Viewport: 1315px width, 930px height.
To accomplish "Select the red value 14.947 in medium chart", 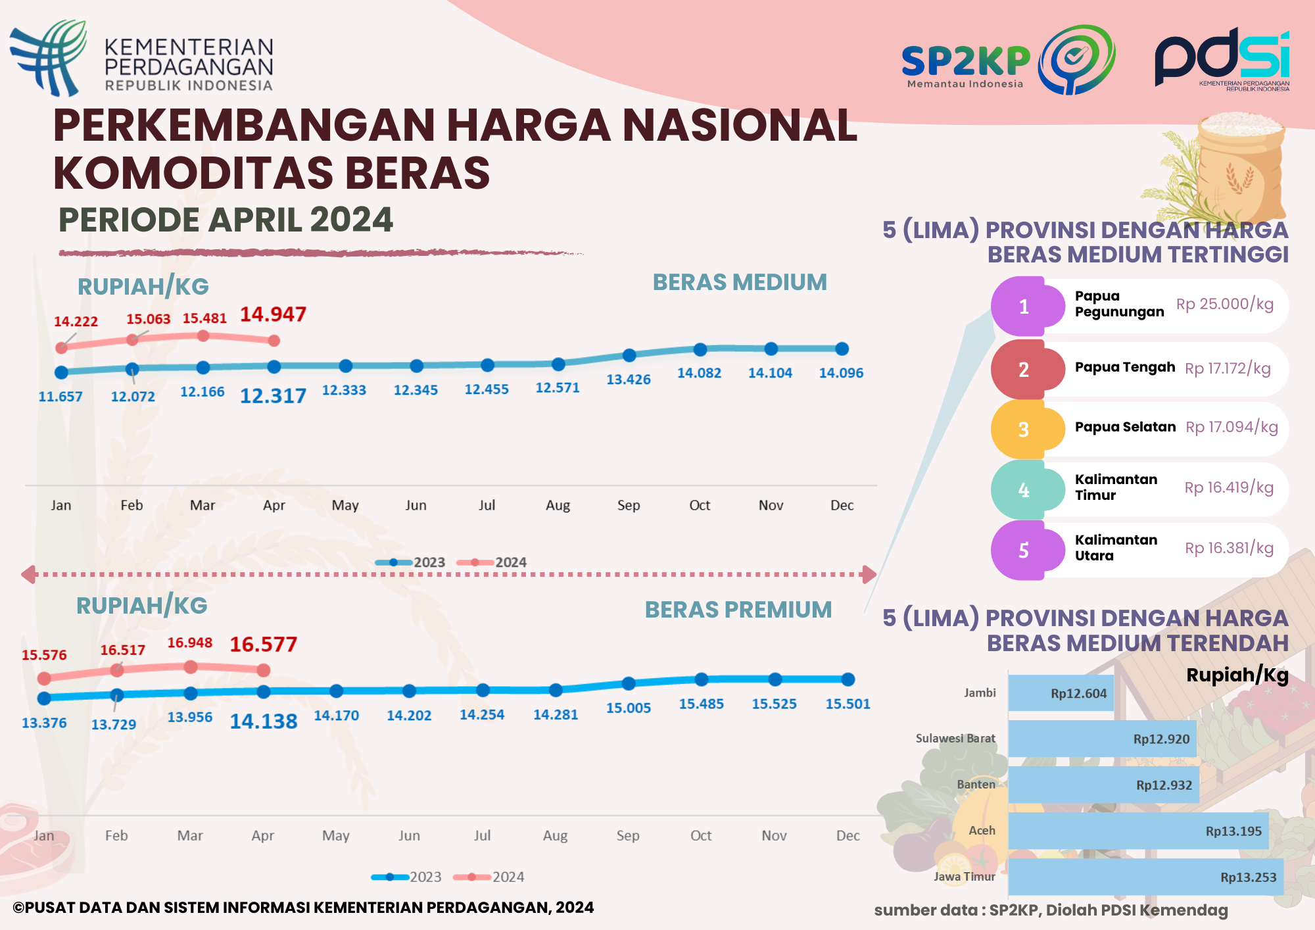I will tap(273, 314).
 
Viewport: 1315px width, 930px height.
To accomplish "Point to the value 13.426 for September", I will tap(628, 379).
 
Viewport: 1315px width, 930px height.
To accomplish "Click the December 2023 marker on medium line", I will tap(842, 349).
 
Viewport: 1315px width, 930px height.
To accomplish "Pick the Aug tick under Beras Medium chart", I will tap(558, 505).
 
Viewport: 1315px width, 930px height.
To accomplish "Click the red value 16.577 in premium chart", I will tap(263, 645).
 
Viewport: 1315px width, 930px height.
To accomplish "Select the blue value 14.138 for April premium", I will tap(263, 722).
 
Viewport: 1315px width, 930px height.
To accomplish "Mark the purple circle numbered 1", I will tap(1023, 307).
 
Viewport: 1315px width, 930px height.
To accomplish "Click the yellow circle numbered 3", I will tap(1023, 430).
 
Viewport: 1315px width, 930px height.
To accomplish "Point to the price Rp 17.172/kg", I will tap(1228, 368).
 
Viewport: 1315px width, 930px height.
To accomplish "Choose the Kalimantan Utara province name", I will tap(1115, 548).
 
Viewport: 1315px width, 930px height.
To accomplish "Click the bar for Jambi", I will tap(1061, 693).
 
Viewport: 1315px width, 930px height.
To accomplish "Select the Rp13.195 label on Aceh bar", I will tap(1233, 831).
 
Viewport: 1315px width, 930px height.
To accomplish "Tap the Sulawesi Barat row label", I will tap(955, 739).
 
